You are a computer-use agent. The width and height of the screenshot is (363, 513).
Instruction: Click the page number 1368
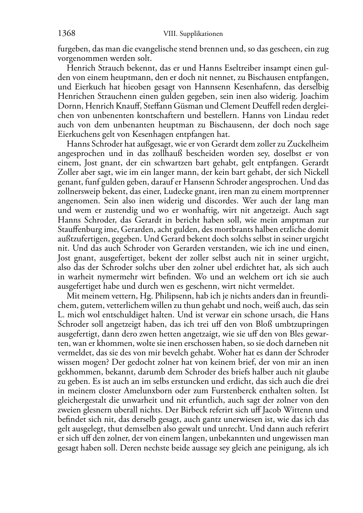pyautogui.click(x=67, y=34)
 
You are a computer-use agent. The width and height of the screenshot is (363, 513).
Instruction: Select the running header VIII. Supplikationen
pyautogui.click(x=193, y=34)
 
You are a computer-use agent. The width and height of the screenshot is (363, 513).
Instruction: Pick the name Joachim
pyautogui.click(x=315, y=96)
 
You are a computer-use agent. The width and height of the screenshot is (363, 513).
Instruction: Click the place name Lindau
pyautogui.click(x=282, y=115)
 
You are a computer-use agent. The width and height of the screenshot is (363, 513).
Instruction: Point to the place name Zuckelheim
pyautogui.click(x=311, y=144)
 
